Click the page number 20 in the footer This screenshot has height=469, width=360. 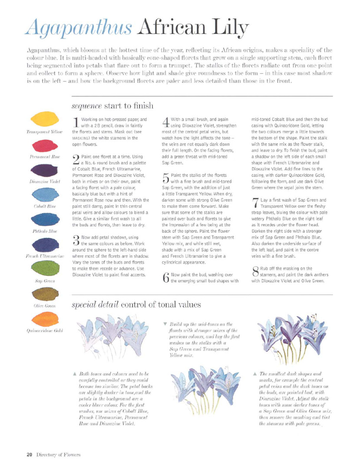(29, 455)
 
